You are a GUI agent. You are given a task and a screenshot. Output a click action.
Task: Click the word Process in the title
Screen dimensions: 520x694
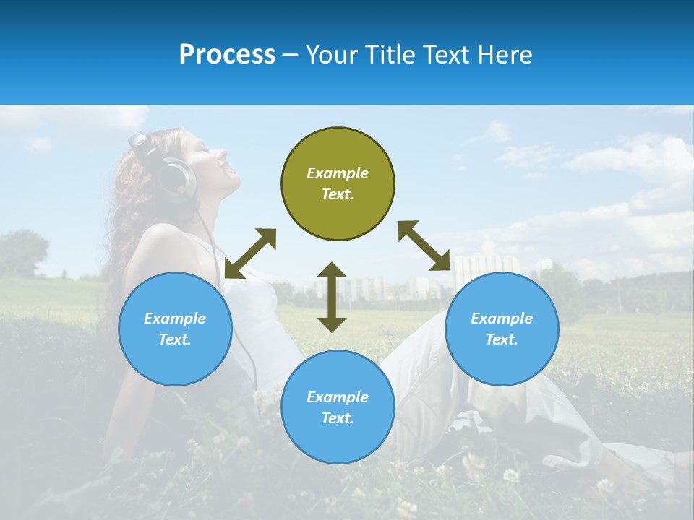pyautogui.click(x=227, y=55)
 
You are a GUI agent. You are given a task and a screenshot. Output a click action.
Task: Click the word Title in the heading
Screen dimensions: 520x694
pyautogui.click(x=389, y=55)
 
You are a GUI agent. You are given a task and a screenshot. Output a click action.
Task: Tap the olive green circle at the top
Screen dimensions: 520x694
pyautogui.click(x=338, y=183)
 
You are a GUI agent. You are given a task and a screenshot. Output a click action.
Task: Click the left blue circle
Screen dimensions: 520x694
pyautogui.click(x=175, y=329)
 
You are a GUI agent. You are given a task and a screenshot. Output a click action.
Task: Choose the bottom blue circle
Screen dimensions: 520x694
pyautogui.click(x=338, y=407)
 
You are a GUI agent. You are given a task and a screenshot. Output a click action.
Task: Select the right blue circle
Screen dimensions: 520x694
pyautogui.click(x=502, y=329)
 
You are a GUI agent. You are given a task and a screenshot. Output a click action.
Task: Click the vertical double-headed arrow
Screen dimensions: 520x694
pyautogui.click(x=332, y=297)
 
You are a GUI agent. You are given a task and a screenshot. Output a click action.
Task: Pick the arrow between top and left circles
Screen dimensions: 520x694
pyautogui.click(x=250, y=253)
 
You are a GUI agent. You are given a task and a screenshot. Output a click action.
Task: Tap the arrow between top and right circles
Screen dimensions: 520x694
pyautogui.click(x=424, y=246)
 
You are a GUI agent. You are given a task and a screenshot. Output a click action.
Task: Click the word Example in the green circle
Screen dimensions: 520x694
pyautogui.click(x=338, y=173)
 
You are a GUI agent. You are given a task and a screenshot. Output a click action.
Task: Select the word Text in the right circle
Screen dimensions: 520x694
pyautogui.click(x=501, y=339)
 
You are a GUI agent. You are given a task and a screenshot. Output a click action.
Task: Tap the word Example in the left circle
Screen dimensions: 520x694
pyautogui.click(x=175, y=318)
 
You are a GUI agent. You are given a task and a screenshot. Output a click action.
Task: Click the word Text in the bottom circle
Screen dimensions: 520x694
pyautogui.click(x=338, y=418)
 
